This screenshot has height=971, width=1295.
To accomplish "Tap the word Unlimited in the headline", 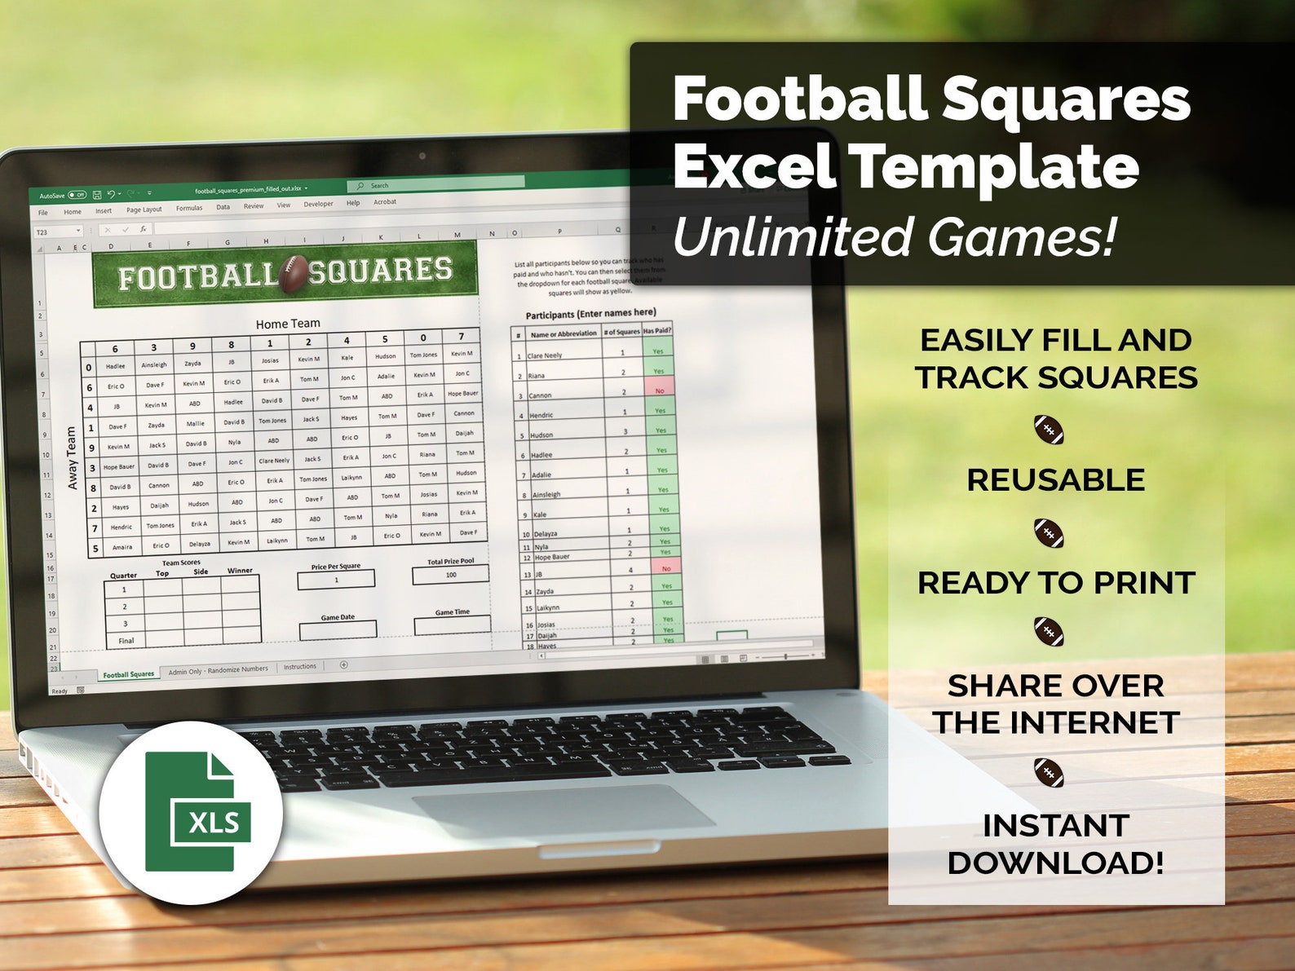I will pos(792,237).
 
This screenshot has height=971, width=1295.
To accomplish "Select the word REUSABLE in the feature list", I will pos(1055,480).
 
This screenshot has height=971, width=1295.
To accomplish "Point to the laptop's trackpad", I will pos(563,808).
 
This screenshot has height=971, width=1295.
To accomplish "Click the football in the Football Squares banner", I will pos(294,273).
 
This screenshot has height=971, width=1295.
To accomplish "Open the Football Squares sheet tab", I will pos(128,674).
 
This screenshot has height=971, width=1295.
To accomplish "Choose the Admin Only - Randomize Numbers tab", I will pos(218,670).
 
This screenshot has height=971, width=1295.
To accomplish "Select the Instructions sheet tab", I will pos(300,667).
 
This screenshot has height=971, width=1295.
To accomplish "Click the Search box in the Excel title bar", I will pos(436,185).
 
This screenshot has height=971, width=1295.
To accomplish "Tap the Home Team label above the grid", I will pos(288,324).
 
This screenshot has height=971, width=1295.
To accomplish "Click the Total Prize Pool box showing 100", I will pos(450,575).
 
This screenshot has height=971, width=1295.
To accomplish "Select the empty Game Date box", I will pos(338,630).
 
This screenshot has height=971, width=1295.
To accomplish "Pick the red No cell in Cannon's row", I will pos(660,391).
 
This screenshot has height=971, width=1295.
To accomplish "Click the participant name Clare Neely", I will pos(545,355).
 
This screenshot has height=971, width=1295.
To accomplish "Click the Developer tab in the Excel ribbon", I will pos(318,204).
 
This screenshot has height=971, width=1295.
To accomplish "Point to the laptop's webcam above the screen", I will pos(422,156).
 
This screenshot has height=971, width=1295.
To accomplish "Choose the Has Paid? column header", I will pos(657,331).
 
